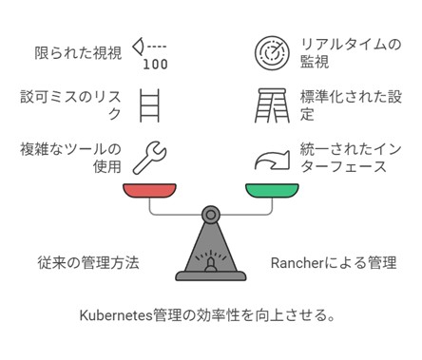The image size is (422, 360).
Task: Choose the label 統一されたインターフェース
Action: [x=343, y=158]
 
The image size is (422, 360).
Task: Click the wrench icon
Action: [x=152, y=158]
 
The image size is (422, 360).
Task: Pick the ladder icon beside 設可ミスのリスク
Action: [x=150, y=104]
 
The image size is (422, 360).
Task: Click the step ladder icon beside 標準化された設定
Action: [x=272, y=104]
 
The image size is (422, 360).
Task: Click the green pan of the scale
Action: [x=272, y=189]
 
